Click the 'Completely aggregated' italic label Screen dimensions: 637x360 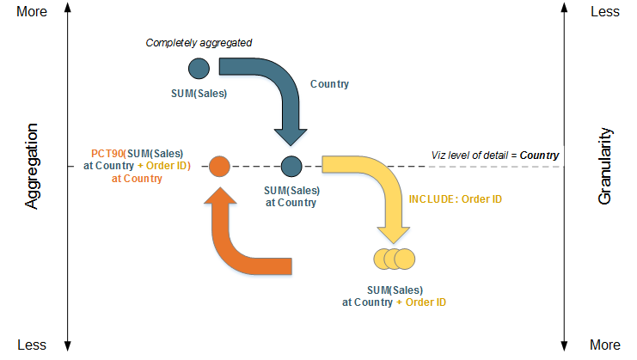(x=199, y=43)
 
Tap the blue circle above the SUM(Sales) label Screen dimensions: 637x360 (x=199, y=68)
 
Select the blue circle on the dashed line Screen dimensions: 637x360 (x=291, y=166)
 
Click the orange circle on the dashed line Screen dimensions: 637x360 (x=219, y=167)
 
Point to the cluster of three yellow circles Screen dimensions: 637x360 (x=394, y=259)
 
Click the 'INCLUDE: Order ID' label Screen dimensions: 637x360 (x=455, y=199)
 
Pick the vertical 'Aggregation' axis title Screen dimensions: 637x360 (x=31, y=166)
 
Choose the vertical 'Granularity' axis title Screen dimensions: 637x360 (x=604, y=166)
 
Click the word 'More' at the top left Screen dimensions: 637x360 (x=32, y=11)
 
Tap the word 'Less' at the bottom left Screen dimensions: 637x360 (x=32, y=345)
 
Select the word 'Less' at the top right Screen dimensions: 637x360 (x=605, y=11)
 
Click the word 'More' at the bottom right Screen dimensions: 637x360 (x=605, y=345)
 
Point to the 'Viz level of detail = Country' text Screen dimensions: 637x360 (x=495, y=156)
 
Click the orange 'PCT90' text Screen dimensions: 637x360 (x=107, y=154)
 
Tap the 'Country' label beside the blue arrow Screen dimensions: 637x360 (x=329, y=84)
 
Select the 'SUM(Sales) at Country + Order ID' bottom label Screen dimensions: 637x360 (x=394, y=296)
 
